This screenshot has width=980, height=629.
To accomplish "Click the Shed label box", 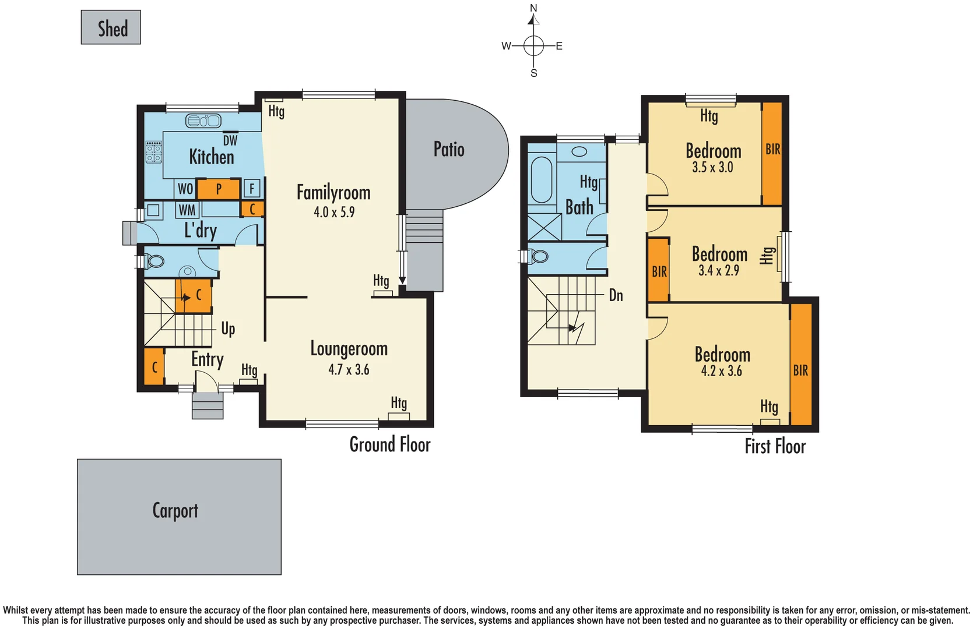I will point(111,27).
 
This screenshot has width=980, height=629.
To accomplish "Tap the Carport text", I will point(175,510).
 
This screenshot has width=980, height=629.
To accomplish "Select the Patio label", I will point(449,149).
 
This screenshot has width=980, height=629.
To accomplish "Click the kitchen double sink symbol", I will point(203,121).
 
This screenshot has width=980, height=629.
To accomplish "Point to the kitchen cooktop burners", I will point(154,152).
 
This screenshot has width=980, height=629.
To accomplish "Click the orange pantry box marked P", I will point(219,189).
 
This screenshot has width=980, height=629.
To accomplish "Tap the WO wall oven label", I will point(185,189).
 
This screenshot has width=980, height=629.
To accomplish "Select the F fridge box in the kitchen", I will point(252,188).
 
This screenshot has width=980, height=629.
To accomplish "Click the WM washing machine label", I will point(187,210).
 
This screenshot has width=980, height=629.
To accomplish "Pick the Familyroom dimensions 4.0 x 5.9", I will point(334,212).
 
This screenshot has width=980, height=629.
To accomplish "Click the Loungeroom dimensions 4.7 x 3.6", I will point(349,369).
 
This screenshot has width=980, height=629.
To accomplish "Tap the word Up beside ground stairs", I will point(228,328).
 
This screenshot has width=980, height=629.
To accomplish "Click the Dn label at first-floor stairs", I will point(616,295).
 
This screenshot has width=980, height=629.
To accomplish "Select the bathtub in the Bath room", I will point(542,179).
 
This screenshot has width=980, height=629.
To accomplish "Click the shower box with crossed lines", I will point(544,227).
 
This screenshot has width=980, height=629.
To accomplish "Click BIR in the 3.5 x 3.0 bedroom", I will point(772,149).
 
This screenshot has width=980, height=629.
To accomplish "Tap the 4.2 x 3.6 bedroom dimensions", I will point(721,371).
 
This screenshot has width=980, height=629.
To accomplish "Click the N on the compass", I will point(533,8).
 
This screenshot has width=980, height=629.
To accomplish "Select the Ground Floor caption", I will point(389,444).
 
